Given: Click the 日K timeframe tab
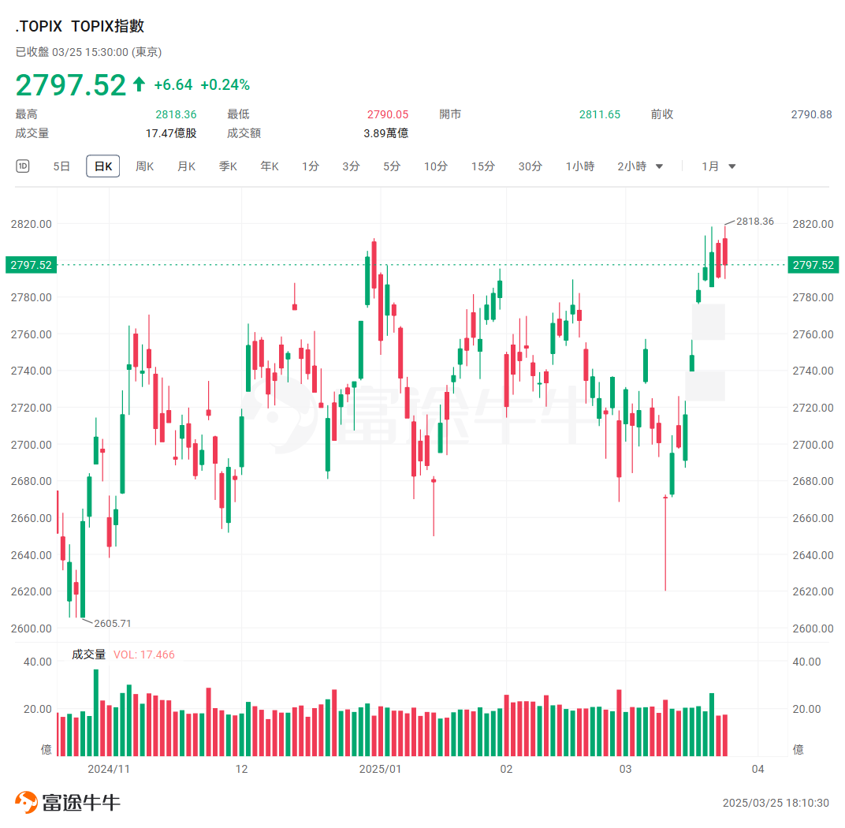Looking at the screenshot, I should tap(103, 166).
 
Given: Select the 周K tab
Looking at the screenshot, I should tap(144, 166).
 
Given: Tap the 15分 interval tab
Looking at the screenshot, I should tap(482, 166).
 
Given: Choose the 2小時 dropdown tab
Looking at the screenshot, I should tap(639, 166).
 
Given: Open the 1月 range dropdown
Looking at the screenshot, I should tap(718, 166).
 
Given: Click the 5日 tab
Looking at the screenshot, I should tap(61, 166).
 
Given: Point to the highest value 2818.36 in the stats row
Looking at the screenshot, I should tap(176, 114).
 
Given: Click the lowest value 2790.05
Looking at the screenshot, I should tap(388, 114).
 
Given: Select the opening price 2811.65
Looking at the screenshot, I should tap(600, 114).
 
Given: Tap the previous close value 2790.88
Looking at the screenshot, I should tap(811, 114).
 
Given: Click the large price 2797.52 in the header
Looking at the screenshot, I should tap(71, 85).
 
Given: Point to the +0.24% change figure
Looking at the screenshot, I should tap(225, 85).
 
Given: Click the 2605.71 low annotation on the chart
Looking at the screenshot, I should tap(113, 623).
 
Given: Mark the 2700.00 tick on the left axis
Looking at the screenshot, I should tap(32, 445).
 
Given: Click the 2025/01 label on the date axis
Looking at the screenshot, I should tap(380, 769).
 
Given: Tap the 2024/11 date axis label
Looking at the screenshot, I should tap(108, 769).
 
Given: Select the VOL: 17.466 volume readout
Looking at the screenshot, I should tap(144, 655).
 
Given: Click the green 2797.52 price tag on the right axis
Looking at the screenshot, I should tap(813, 265).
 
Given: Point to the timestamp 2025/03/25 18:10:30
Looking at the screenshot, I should tap(776, 803).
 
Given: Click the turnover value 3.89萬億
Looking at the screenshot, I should tap(386, 133).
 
